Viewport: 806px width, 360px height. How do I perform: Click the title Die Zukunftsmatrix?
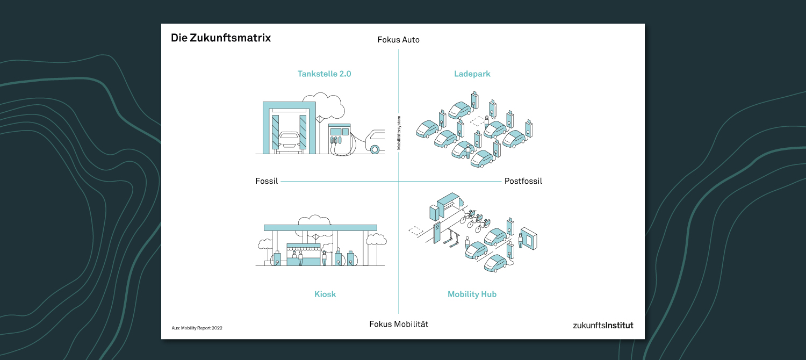220,38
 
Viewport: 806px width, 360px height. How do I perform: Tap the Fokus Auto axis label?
398,40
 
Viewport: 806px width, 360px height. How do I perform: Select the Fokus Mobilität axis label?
399,324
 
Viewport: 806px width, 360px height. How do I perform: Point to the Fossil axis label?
267,181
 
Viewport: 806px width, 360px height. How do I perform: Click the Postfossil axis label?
523,181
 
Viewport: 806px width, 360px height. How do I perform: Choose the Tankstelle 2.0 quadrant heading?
324,74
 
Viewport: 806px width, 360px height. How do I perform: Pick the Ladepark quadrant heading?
472,74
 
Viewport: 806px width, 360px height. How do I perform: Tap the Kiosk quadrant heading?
325,294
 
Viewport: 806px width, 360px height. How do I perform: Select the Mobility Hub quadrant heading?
472,294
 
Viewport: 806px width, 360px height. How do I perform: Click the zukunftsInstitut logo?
603,326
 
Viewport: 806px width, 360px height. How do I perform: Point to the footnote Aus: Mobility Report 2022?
197,328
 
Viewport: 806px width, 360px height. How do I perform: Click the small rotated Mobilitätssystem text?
399,133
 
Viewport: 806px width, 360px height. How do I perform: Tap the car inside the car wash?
290,141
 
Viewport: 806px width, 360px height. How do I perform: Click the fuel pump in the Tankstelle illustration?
340,139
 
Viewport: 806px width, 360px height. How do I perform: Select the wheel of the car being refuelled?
375,149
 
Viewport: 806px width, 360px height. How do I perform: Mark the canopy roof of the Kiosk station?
320,228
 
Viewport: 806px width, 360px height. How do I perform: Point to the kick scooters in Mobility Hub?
452,239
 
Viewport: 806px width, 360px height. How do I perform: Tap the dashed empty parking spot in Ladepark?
478,121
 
